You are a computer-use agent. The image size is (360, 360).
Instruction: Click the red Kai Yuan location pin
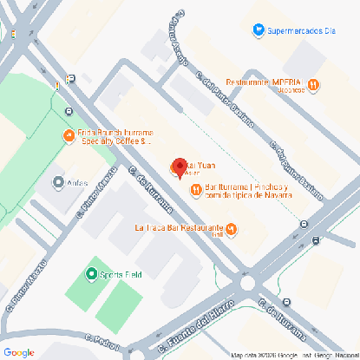pyautogui.click(x=180, y=166)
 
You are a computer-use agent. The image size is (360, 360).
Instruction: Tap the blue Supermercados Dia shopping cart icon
pyautogui.click(x=258, y=30)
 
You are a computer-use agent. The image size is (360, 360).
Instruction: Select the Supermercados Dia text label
pyautogui.click(x=301, y=30)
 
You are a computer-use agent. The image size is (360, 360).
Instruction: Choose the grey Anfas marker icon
pyautogui.click(x=59, y=183)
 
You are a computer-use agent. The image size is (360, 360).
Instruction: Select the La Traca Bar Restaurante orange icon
pyautogui.click(x=240, y=229)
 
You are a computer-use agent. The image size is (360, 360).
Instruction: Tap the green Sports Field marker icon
pyautogui.click(x=92, y=274)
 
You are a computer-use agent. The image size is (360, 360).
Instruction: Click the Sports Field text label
pyautogui.click(x=121, y=274)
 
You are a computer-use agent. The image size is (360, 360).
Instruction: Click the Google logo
pyautogui.click(x=19, y=351)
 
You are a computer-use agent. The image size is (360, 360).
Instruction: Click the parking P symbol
pyautogui.click(x=70, y=79)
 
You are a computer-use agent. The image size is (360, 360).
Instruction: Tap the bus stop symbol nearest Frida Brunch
pyautogui.click(x=67, y=111)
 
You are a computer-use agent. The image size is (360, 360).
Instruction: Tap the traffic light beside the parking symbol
pyautogui.click(x=57, y=84)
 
